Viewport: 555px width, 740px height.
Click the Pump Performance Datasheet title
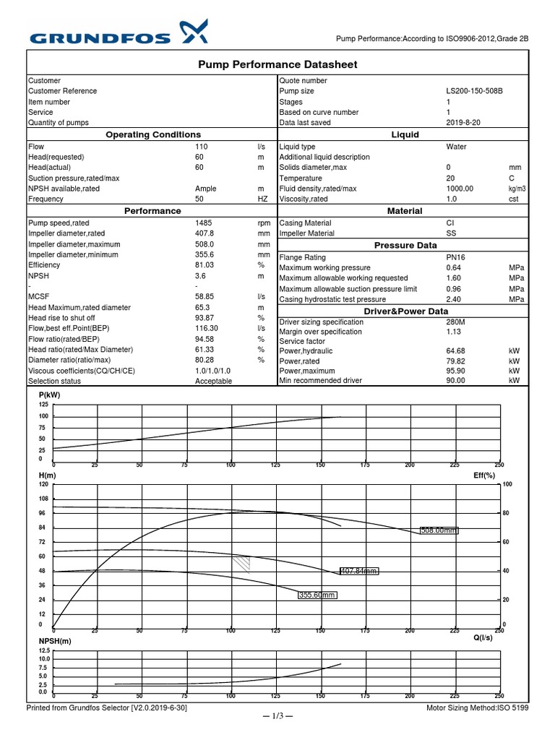point(277,65)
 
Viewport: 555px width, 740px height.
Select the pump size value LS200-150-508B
point(474,92)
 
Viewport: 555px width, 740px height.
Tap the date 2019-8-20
point(462,124)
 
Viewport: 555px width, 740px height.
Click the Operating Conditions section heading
point(153,134)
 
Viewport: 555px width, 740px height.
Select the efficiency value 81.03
point(206,265)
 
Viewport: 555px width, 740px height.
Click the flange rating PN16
point(456,257)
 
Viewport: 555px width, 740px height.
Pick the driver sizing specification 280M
point(457,322)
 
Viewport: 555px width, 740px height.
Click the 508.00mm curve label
point(439,530)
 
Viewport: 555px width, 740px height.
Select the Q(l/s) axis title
point(483,637)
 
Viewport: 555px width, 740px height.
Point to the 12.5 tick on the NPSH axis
point(43,650)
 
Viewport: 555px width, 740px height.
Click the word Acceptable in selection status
point(214,381)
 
